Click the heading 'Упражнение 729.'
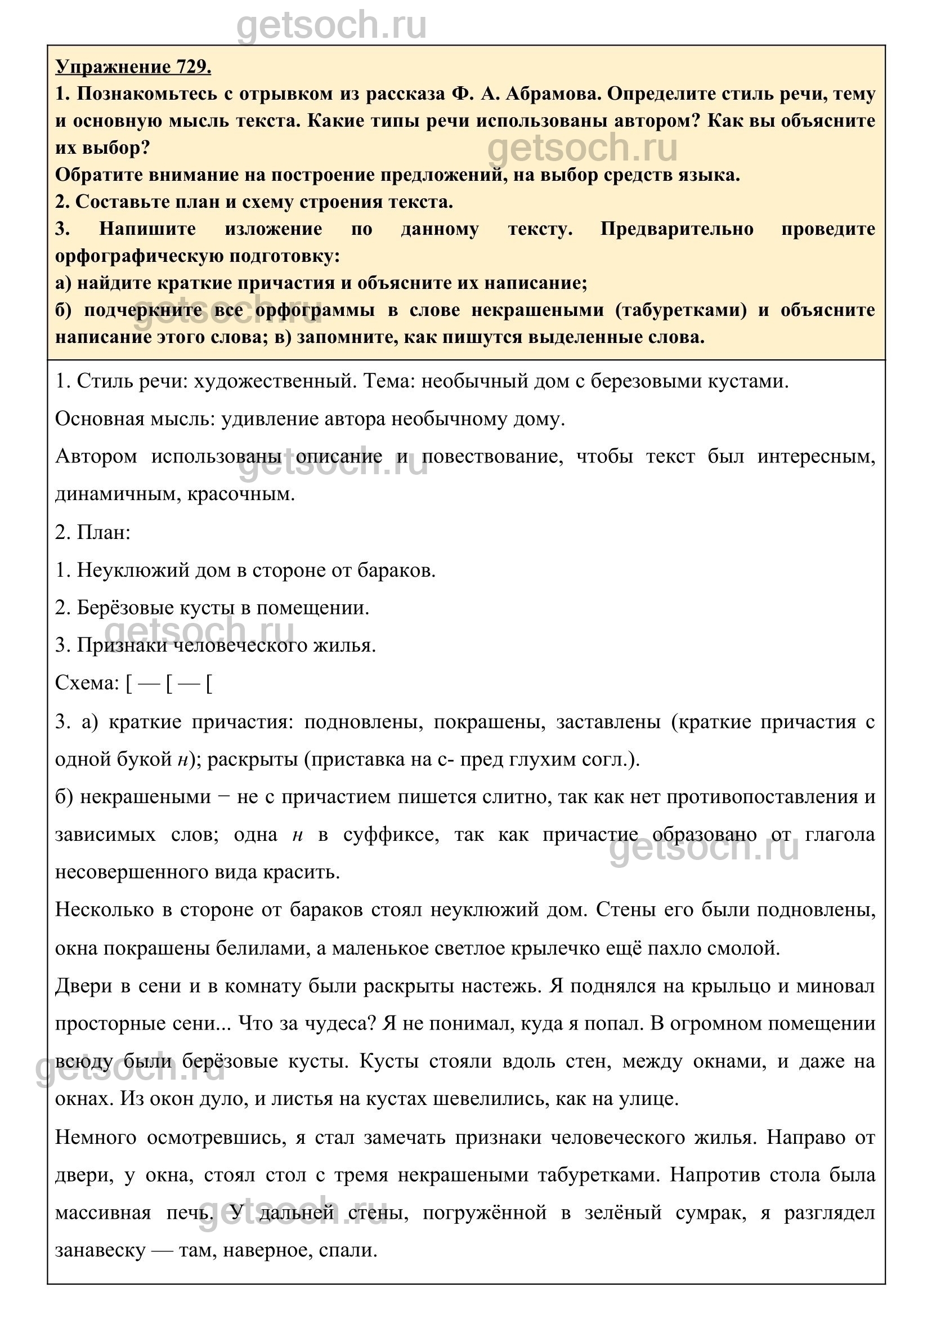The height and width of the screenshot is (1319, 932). coord(133,67)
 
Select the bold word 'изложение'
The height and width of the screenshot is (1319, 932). coord(273,229)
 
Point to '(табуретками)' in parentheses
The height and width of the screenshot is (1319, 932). coord(680,310)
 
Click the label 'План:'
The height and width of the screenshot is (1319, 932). coord(104,532)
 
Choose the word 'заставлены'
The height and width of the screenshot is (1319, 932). coord(608,721)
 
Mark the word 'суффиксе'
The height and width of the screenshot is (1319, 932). coord(391,834)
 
